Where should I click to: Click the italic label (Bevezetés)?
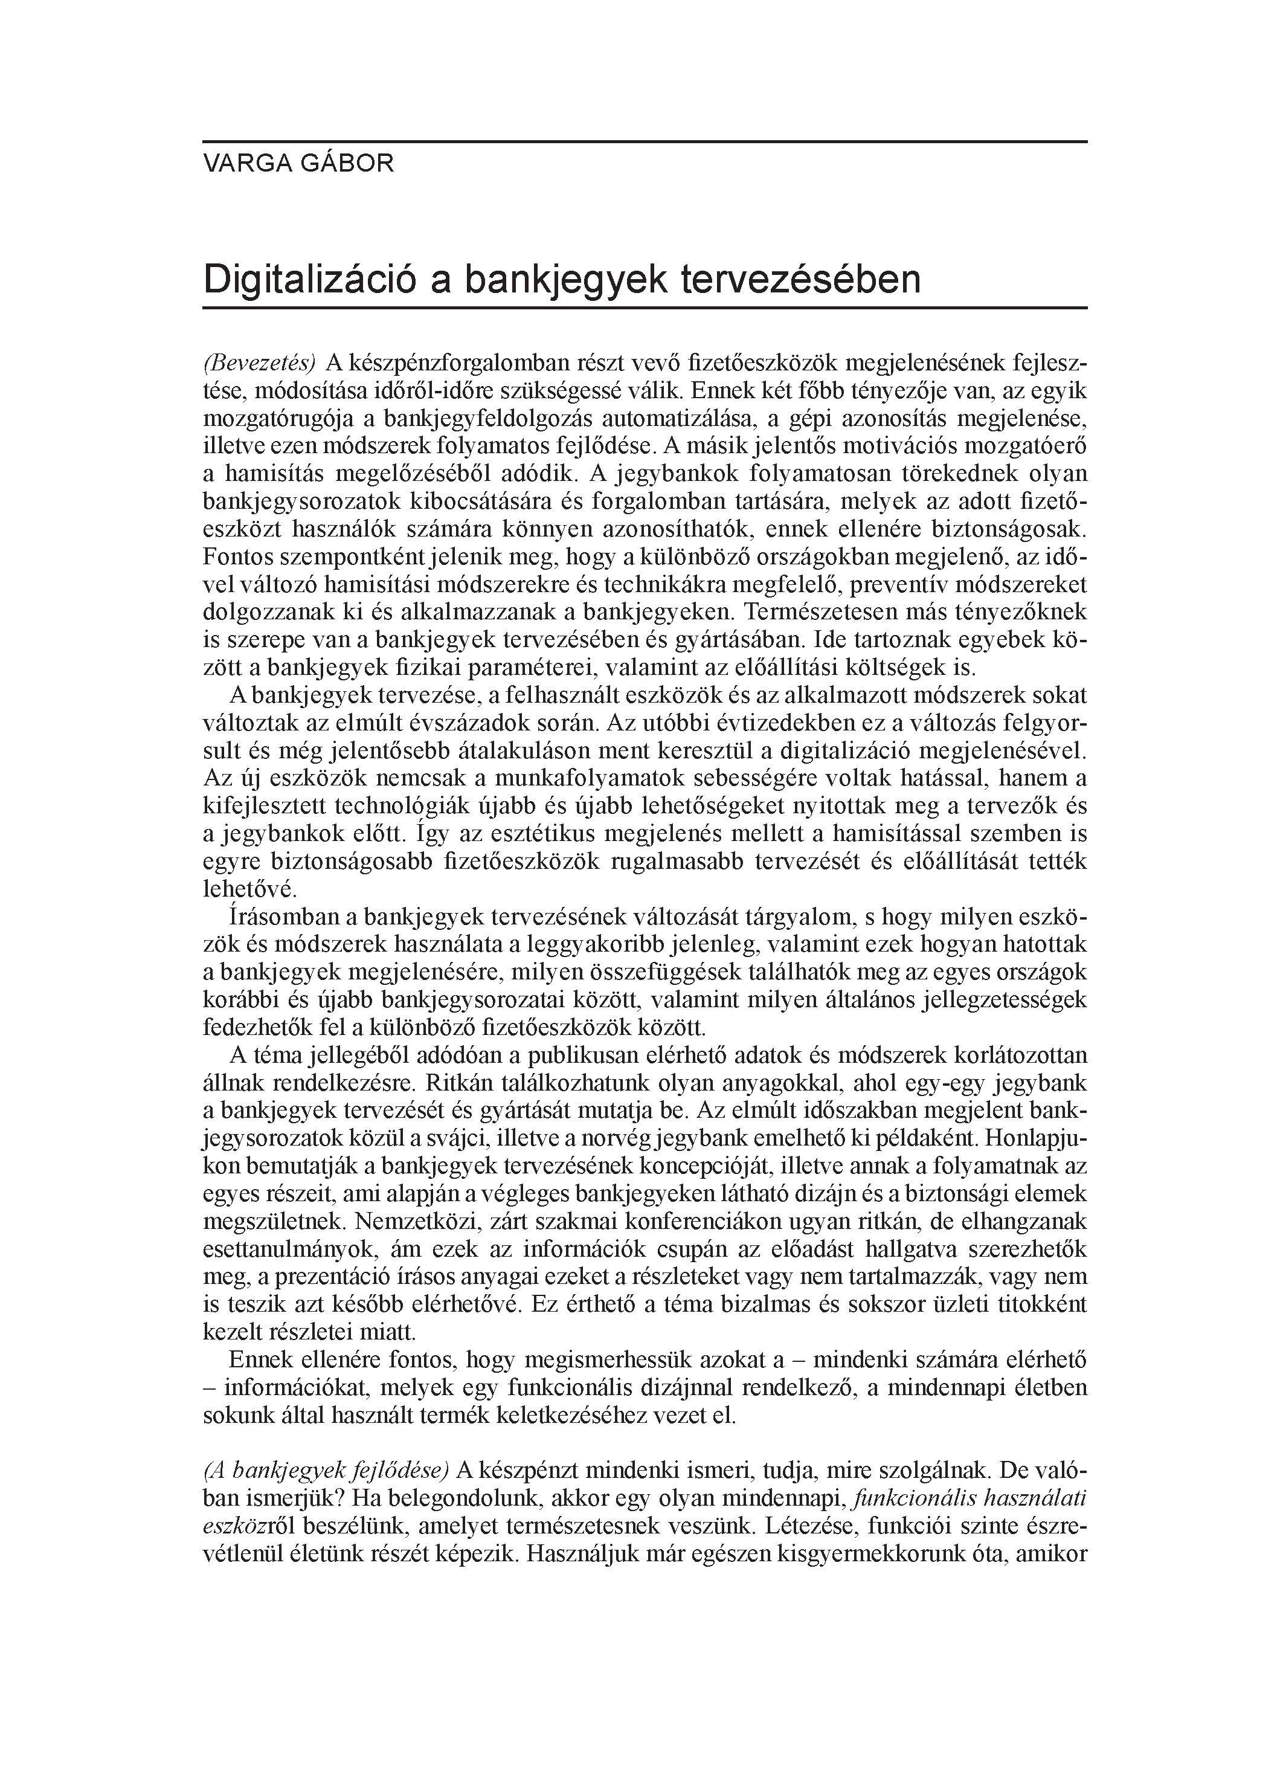pyautogui.click(x=259, y=363)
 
